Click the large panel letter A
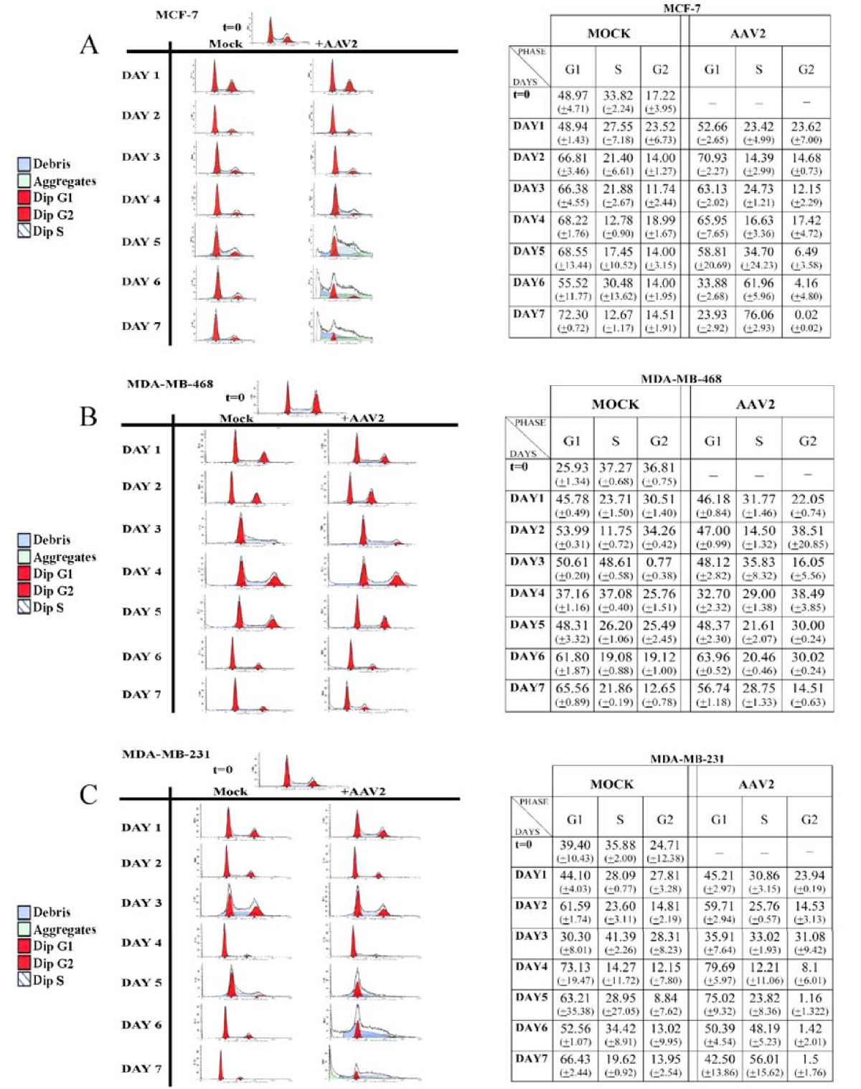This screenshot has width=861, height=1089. click(89, 45)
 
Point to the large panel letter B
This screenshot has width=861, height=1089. click(88, 416)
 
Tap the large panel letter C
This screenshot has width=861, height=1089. click(88, 795)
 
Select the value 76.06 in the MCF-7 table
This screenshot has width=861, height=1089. click(758, 315)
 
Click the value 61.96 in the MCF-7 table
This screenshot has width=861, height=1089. click(758, 283)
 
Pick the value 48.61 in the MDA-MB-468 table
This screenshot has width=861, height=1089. click(615, 562)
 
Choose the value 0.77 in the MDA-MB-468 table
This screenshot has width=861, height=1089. click(659, 562)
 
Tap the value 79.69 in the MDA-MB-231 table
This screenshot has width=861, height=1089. click(718, 967)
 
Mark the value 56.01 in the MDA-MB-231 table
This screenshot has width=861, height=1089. click(763, 1059)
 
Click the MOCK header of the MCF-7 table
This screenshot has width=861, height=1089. click(608, 34)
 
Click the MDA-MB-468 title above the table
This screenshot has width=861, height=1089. click(680, 379)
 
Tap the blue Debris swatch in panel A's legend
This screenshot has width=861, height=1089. click(24, 164)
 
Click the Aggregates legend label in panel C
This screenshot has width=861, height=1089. click(64, 930)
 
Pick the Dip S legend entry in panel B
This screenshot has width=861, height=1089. click(47, 608)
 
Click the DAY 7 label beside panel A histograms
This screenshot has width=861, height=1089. click(141, 326)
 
